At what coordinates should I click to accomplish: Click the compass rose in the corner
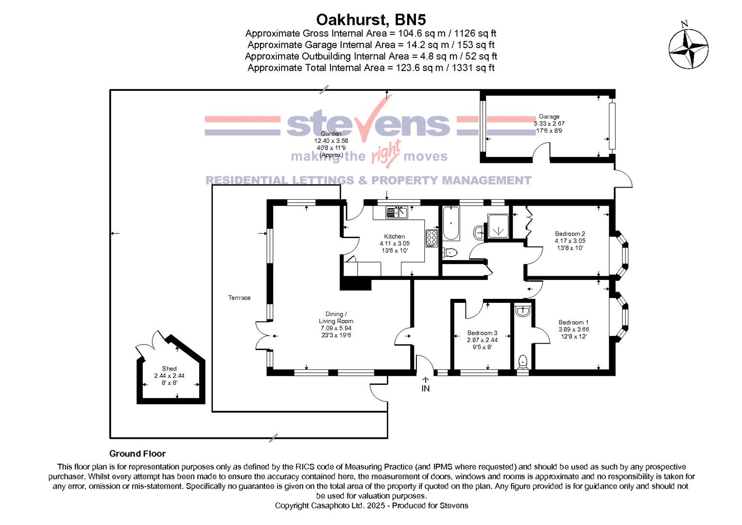(x=688, y=49)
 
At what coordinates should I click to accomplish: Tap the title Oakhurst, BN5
(x=371, y=19)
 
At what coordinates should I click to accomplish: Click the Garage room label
(x=549, y=117)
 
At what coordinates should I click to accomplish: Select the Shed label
(x=169, y=368)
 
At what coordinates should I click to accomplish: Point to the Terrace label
(x=239, y=297)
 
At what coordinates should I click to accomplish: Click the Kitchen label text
(x=394, y=237)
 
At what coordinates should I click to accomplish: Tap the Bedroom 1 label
(x=573, y=322)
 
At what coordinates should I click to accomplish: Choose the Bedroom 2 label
(x=569, y=234)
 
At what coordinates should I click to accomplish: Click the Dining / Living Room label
(x=336, y=317)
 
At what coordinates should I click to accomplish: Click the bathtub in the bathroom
(x=450, y=224)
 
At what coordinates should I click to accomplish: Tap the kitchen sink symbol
(x=397, y=212)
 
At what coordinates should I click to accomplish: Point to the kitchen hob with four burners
(x=431, y=238)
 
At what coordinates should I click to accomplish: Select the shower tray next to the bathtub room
(x=497, y=226)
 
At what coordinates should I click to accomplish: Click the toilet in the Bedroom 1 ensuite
(x=523, y=361)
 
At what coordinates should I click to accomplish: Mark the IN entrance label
(x=425, y=388)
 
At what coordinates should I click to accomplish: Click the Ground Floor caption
(x=138, y=454)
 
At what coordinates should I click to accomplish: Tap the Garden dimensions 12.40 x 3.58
(x=331, y=141)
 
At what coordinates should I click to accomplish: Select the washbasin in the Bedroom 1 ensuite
(x=523, y=311)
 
